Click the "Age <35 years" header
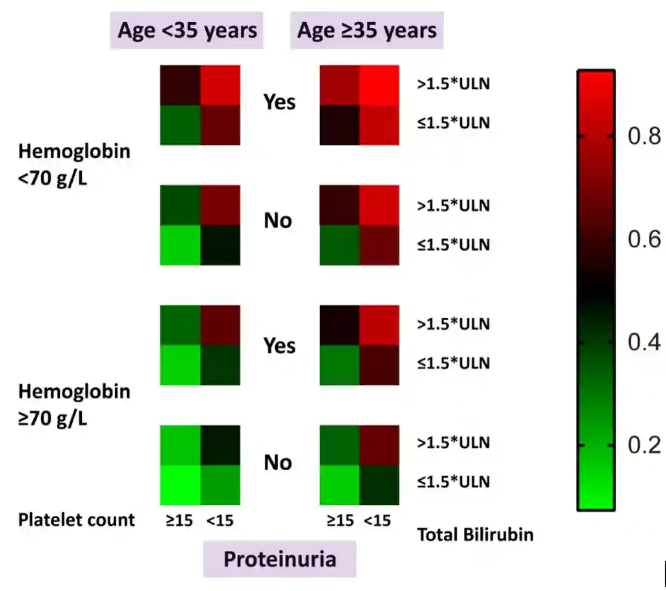pyautogui.click(x=187, y=30)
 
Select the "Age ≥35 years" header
pyautogui.click(x=367, y=30)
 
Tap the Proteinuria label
pyautogui.click(x=279, y=559)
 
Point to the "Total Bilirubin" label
pyautogui.click(x=475, y=535)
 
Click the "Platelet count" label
pyautogui.click(x=76, y=519)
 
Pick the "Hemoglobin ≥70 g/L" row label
pyautogui.click(x=74, y=405)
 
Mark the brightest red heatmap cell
pyautogui.click(x=379, y=85)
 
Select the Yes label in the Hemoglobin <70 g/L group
pyautogui.click(x=279, y=102)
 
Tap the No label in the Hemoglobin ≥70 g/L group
pyautogui.click(x=277, y=463)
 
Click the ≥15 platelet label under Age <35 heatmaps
pyautogui.click(x=179, y=521)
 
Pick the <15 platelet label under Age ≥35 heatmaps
pyautogui.click(x=377, y=521)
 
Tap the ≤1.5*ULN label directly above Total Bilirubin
pyautogui.click(x=453, y=482)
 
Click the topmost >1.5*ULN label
pyautogui.click(x=453, y=84)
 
